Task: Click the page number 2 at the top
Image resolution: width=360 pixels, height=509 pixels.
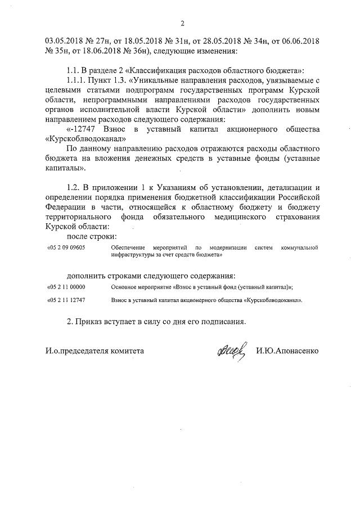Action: pos(183,23)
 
